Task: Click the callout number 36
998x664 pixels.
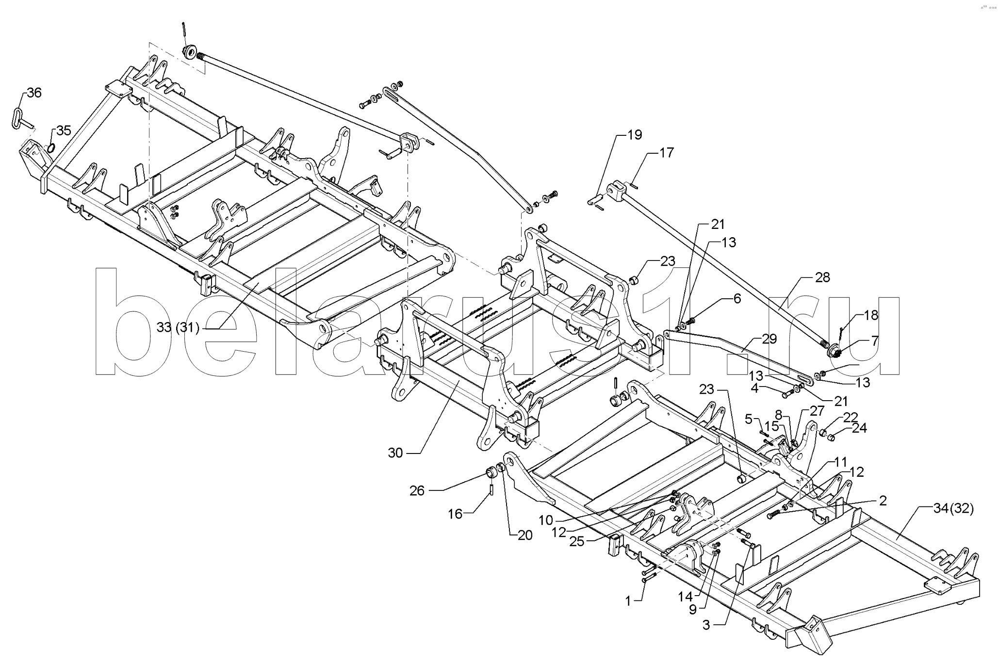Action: point(34,93)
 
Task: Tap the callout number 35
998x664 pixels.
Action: point(64,130)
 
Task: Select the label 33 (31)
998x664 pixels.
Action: point(178,328)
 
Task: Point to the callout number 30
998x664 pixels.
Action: point(395,453)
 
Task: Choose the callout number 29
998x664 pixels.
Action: point(769,339)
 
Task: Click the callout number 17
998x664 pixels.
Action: point(667,153)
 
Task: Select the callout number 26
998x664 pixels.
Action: point(417,491)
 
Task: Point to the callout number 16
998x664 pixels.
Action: point(455,514)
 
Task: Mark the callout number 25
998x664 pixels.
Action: point(577,541)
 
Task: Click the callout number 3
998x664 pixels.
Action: point(706,625)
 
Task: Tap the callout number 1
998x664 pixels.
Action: point(628,601)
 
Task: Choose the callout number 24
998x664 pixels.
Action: point(859,428)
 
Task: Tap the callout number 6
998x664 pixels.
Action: point(737,299)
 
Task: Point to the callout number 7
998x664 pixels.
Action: point(874,341)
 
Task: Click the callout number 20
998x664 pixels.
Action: point(524,535)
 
